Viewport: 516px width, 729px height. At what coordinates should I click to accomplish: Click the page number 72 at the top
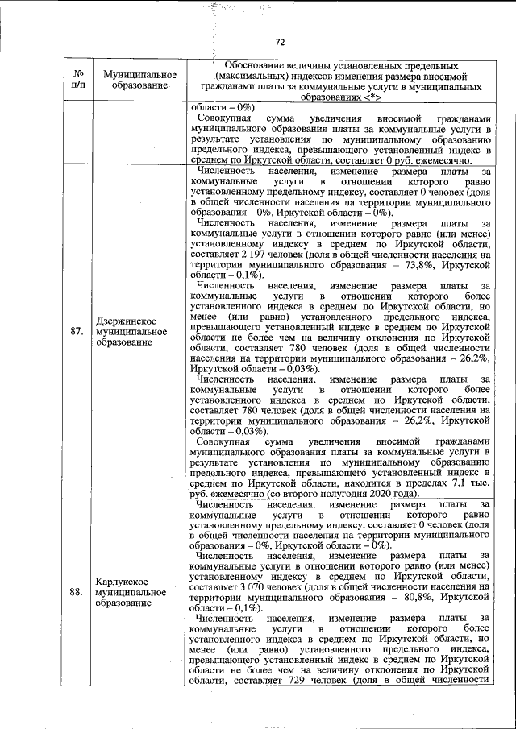280,43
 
